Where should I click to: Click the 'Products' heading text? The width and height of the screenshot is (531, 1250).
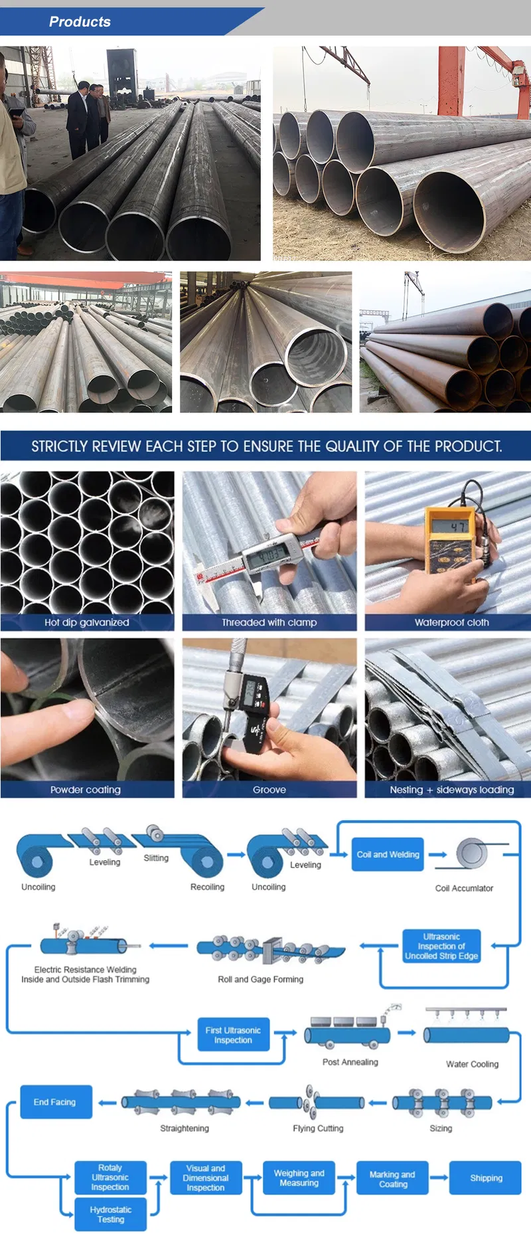tap(80, 22)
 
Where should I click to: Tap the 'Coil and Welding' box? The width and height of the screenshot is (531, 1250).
tap(388, 854)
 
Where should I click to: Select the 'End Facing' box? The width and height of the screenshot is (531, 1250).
tap(56, 1102)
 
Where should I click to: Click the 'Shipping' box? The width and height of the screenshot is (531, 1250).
tap(486, 1178)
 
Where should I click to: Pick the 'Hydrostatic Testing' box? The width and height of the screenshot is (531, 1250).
tap(110, 1214)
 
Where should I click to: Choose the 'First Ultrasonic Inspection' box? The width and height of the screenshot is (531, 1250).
tap(233, 1035)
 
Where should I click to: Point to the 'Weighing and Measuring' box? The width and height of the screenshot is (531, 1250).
tap(299, 1178)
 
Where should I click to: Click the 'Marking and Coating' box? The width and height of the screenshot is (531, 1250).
tap(393, 1178)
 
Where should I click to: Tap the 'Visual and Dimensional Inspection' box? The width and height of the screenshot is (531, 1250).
tap(205, 1178)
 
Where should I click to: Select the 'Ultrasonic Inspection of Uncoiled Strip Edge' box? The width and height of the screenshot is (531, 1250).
tap(441, 946)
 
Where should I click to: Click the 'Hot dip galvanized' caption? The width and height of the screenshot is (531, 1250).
tap(87, 622)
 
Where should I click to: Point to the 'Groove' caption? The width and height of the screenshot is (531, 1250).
tap(269, 790)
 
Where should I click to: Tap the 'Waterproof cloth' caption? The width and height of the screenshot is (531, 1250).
tap(452, 622)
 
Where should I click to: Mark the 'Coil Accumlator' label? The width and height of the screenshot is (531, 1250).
tap(464, 888)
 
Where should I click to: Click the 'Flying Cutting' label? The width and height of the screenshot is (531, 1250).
tap(318, 1128)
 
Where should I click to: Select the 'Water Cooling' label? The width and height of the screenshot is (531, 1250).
tap(472, 1064)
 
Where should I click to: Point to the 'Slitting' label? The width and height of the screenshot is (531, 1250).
tap(156, 858)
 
